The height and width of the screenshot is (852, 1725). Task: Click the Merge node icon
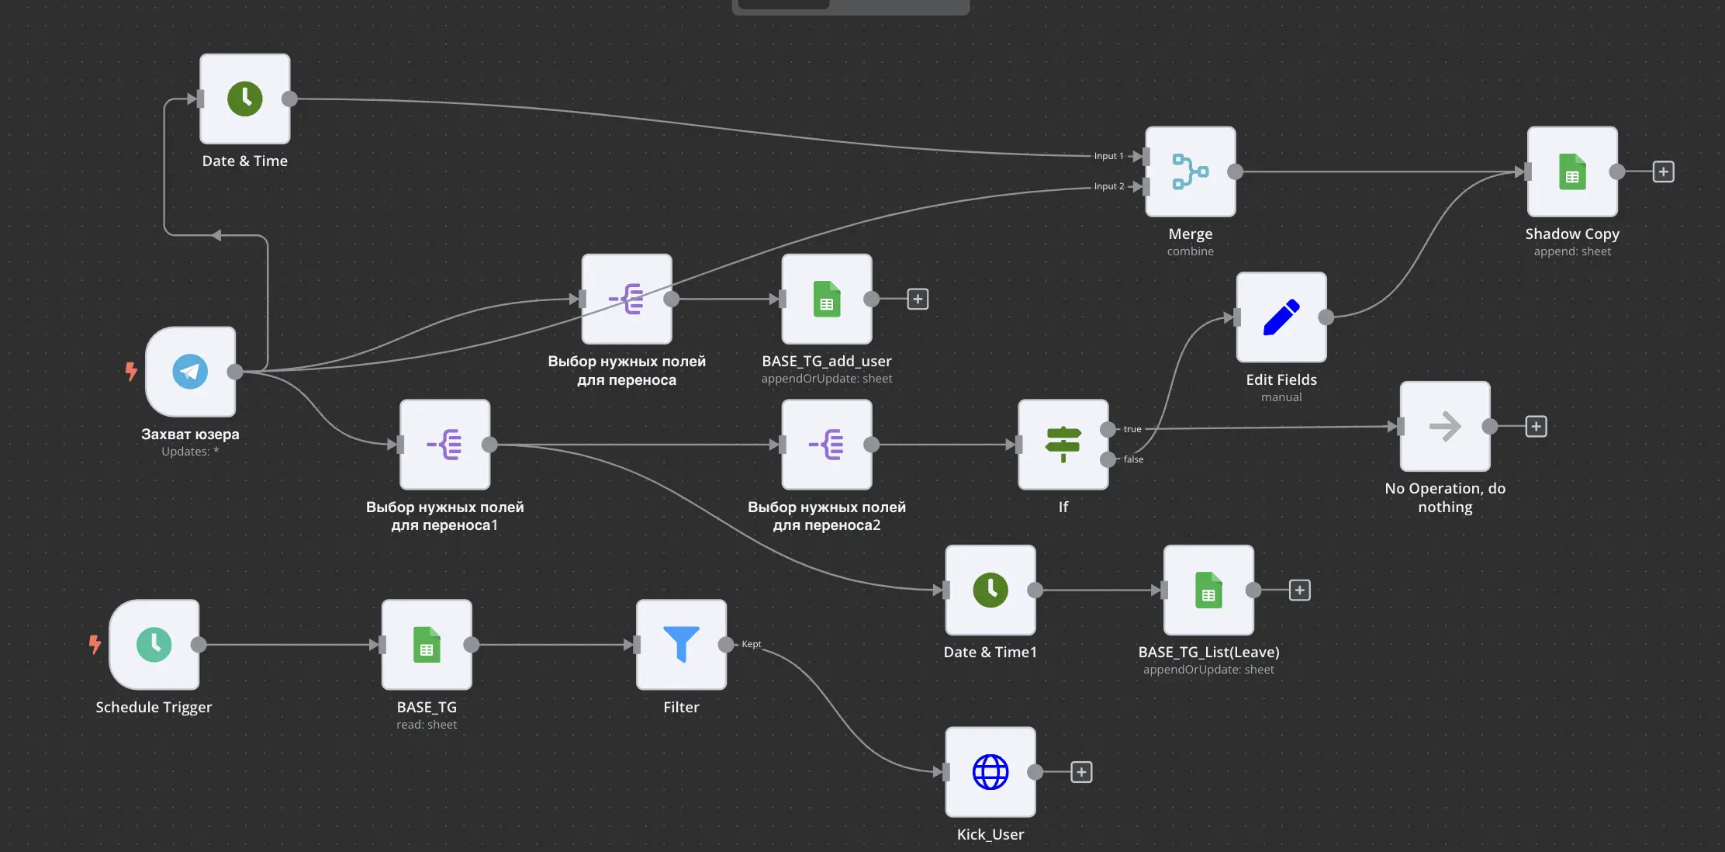(x=1190, y=171)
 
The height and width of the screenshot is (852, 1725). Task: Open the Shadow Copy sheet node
(x=1572, y=171)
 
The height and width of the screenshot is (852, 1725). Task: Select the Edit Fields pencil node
(x=1281, y=317)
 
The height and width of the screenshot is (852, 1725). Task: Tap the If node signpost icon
(x=1063, y=445)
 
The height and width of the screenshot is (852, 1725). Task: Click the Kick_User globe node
(x=990, y=772)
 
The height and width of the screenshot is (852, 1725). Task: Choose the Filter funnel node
(x=681, y=644)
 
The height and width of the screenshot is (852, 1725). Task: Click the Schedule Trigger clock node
(x=154, y=644)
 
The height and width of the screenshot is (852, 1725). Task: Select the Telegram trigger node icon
(x=190, y=372)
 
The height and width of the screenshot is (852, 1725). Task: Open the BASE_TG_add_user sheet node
(x=827, y=299)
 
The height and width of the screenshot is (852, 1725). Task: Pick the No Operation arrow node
(x=1445, y=426)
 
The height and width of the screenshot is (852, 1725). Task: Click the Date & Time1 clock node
(x=990, y=590)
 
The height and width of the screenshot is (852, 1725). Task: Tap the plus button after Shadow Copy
(x=1663, y=171)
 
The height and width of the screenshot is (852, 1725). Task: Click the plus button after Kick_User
(x=1081, y=772)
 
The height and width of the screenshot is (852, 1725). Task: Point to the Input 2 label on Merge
(x=1109, y=186)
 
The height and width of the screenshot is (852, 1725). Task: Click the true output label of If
(x=1132, y=429)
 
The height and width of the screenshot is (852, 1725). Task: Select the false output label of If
(x=1133, y=459)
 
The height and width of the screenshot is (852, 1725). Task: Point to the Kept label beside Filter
(x=751, y=644)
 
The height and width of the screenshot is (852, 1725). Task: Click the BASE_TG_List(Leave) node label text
(x=1208, y=653)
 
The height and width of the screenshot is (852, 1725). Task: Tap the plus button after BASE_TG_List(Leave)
(x=1300, y=590)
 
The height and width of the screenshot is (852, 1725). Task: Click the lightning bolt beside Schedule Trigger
(x=95, y=644)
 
